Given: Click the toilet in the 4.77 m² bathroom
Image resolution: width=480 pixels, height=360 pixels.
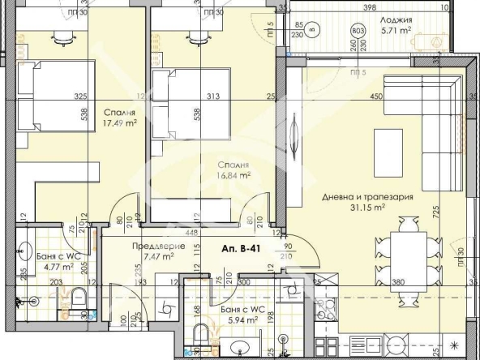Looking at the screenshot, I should [79, 301].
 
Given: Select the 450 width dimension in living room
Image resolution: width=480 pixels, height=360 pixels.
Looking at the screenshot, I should [376, 98].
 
